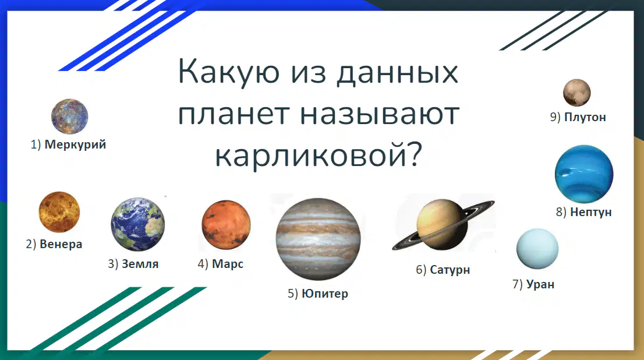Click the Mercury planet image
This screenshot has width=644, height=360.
[69, 117]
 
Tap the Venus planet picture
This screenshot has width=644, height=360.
[59, 212]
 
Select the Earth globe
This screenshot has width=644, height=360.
[137, 224]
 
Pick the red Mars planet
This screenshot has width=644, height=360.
[226, 225]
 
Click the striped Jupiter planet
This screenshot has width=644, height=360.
[319, 239]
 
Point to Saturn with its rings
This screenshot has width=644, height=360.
[443, 225]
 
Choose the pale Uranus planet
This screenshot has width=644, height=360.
[537, 249]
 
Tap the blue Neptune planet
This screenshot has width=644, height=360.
[583, 174]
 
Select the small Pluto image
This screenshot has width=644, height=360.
[576, 93]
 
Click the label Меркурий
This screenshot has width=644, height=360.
[75, 144]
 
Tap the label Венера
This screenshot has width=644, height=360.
[61, 244]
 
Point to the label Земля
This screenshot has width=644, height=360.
[140, 264]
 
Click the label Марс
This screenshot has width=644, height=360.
[228, 264]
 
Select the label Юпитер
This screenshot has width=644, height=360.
[324, 294]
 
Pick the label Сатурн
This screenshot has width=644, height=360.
[450, 270]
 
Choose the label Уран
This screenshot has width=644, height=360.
[540, 284]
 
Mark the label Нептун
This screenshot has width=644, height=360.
[590, 212]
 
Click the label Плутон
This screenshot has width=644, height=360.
[585, 117]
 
